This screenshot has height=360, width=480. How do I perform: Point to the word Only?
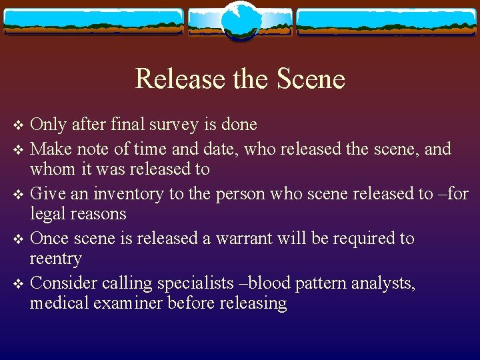pyautogui.click(x=48, y=125)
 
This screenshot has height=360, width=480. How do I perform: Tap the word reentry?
pyautogui.click(x=56, y=259)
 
